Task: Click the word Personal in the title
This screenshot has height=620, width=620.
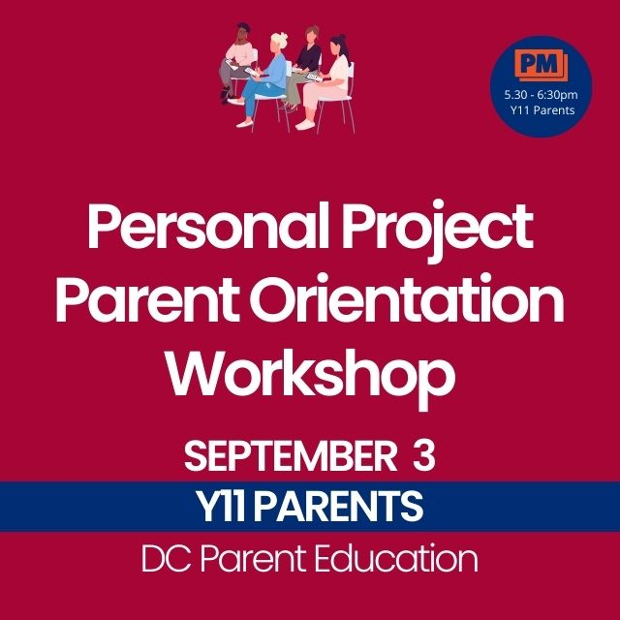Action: pos(207,227)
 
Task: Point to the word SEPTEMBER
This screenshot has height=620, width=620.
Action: pos(291,456)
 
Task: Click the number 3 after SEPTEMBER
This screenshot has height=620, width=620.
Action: pos(424,456)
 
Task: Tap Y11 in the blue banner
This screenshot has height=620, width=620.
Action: pos(222,507)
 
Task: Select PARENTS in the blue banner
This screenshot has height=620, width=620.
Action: pos(338,507)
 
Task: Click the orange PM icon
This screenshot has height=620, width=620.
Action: pos(541,65)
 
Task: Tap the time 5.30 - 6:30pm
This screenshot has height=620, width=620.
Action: pos(541,95)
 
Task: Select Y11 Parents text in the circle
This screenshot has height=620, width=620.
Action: pos(542,110)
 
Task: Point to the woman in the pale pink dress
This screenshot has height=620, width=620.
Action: pos(326,83)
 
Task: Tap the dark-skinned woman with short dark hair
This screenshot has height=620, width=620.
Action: pos(236,59)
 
